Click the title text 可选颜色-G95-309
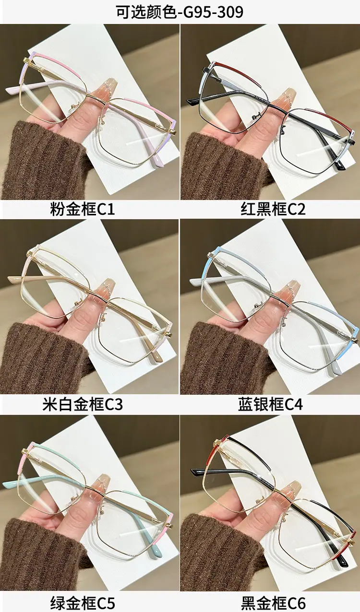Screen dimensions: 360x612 coord(180,12)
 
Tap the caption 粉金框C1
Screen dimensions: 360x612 coord(82,210)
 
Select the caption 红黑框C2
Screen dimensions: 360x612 coord(273,210)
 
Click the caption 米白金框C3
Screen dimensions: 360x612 coord(82,405)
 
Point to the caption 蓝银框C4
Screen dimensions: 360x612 coord(270,405)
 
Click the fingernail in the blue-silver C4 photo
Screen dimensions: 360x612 coord(285,291)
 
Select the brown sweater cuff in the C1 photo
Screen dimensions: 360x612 coord(41,161)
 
